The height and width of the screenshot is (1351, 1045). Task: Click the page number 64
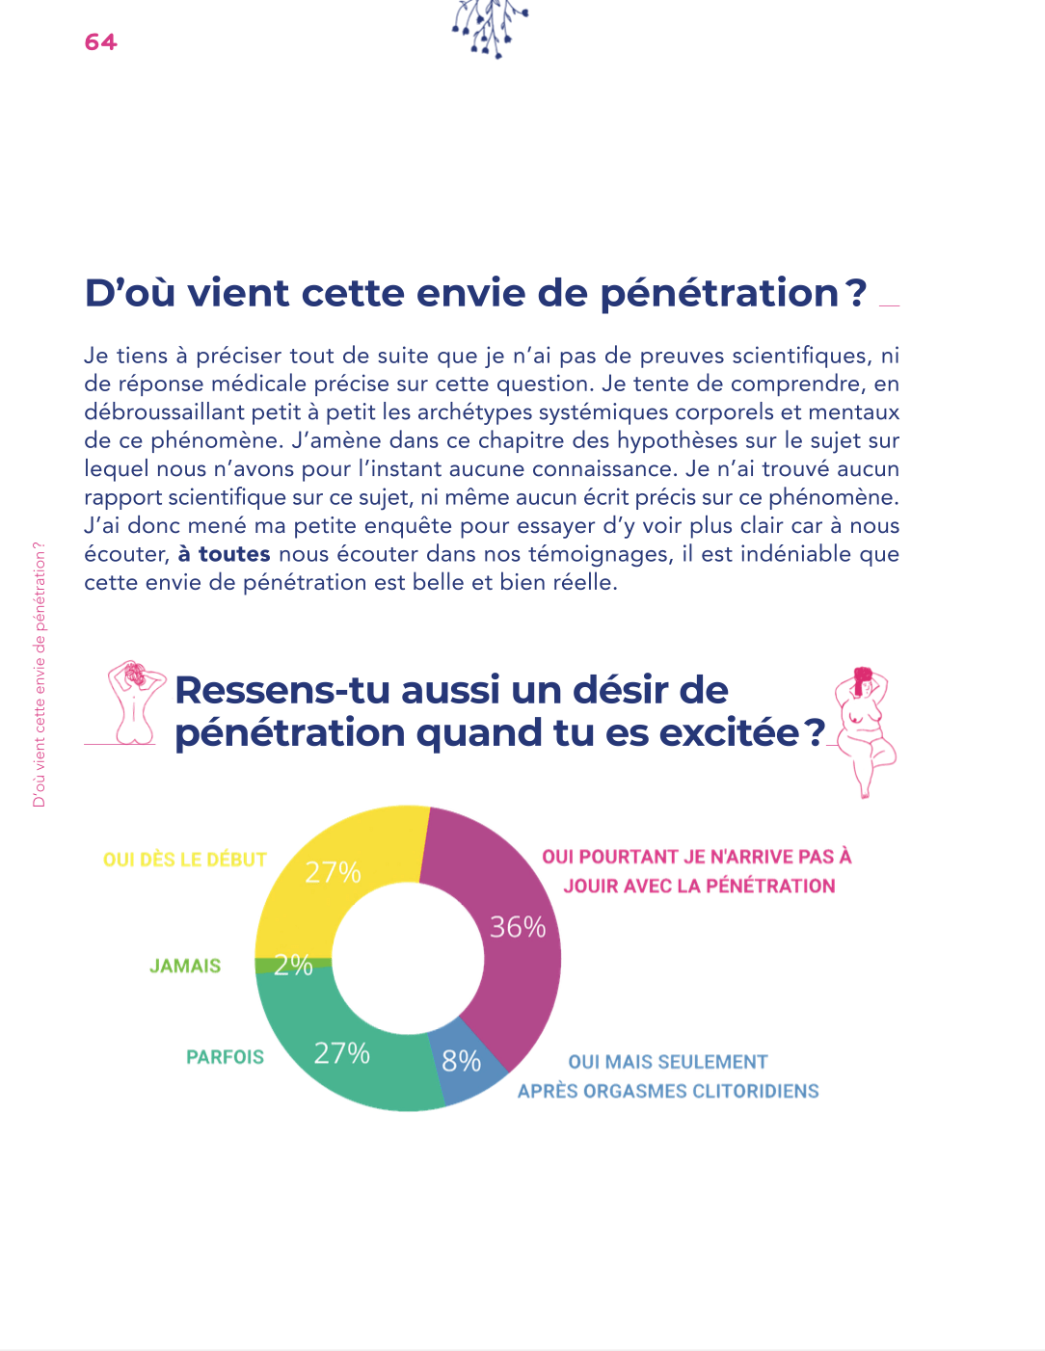click(x=100, y=41)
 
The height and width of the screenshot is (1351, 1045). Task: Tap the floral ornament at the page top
click(x=490, y=26)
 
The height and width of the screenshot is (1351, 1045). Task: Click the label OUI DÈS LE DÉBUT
click(x=184, y=860)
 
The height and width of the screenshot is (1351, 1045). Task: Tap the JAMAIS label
click(x=185, y=966)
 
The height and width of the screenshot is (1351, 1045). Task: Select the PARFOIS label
click(x=225, y=1057)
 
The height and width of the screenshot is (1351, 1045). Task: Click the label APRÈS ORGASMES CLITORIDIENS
click(x=668, y=1091)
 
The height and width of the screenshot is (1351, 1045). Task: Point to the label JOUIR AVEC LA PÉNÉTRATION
click(x=699, y=886)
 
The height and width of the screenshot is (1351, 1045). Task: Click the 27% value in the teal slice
click(x=342, y=1053)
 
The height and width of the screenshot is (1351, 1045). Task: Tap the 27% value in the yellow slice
click(x=333, y=872)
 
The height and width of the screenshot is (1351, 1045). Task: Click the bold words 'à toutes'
click(x=224, y=554)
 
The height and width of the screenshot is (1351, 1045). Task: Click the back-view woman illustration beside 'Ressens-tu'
click(x=135, y=702)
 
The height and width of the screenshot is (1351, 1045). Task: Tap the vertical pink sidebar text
click(x=40, y=675)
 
